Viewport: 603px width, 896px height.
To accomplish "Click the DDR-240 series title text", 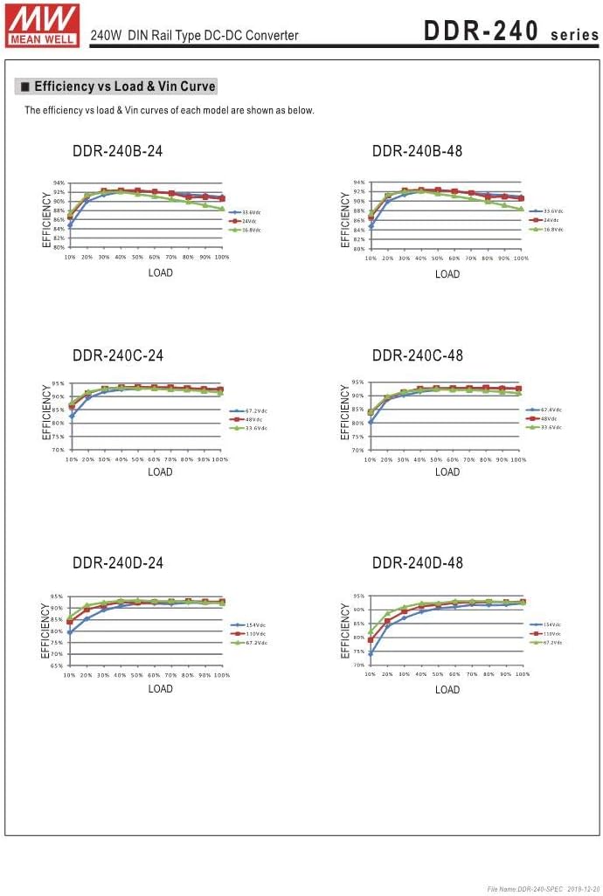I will tap(510, 33).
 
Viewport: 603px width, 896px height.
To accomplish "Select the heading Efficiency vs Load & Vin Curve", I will tap(118, 86).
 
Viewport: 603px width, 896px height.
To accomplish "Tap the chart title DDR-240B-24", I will tap(117, 151).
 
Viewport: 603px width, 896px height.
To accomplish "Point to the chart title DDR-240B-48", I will tap(417, 151).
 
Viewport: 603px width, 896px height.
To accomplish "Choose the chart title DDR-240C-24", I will tap(117, 355).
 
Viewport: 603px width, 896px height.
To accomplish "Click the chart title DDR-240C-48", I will tap(417, 355).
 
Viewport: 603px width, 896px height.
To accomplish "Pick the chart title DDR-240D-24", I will tap(117, 562).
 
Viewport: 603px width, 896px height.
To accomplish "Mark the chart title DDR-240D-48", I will tap(417, 562).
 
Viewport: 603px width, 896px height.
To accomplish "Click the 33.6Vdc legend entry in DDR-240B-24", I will tap(250, 212).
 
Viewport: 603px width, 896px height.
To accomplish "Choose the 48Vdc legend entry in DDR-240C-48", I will tap(550, 418).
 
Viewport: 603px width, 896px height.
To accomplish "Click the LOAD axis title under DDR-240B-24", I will tap(160, 273).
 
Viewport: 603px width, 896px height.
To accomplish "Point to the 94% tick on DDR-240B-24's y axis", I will tap(59, 183).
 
